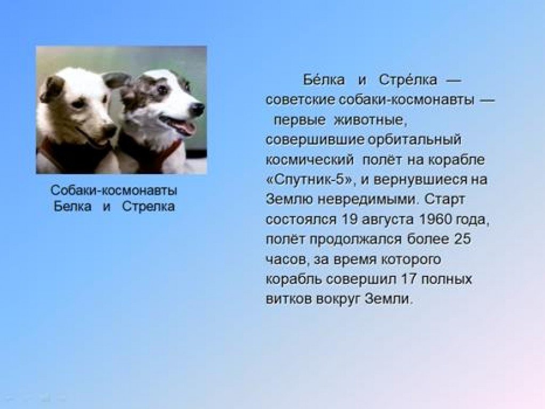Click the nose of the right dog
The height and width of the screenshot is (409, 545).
(x=198, y=109)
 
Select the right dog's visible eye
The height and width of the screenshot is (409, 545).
(x=162, y=89)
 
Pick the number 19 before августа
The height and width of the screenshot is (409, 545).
(x=350, y=219)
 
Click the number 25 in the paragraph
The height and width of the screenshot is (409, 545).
(x=462, y=239)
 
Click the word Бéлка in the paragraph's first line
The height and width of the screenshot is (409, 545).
(x=324, y=79)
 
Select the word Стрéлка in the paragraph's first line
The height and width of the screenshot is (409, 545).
(x=408, y=79)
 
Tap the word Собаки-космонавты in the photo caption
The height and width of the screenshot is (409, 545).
(x=113, y=191)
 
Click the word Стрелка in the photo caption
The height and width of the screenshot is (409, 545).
(x=149, y=207)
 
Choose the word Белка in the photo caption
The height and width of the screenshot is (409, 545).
(x=72, y=207)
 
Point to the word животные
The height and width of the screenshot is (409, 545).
(x=370, y=120)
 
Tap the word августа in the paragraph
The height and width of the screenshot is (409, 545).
(x=388, y=219)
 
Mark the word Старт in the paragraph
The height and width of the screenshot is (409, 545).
(x=444, y=200)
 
